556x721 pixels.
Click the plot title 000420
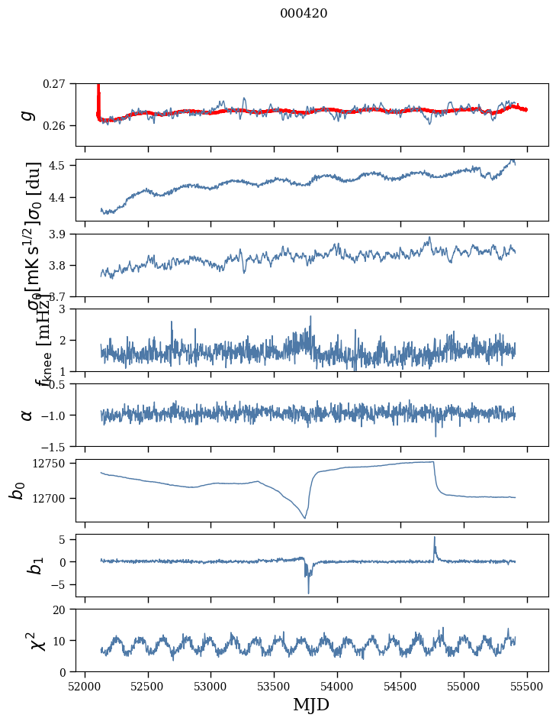click(304, 13)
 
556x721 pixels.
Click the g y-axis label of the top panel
click(27, 115)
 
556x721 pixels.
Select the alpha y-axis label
click(27, 415)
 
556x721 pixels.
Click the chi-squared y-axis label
click(27, 640)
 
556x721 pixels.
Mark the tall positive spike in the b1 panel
click(435, 537)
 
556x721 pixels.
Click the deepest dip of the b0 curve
click(305, 519)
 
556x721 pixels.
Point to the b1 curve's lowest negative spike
click(309, 593)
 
